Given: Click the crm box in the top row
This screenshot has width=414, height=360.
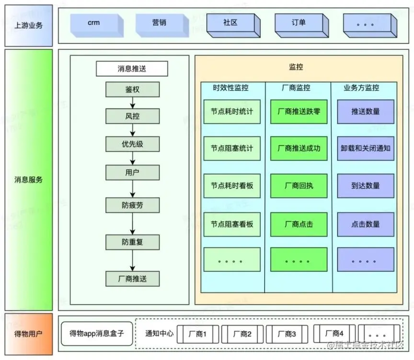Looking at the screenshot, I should [x=94, y=24].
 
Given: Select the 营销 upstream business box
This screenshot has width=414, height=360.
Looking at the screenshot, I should [x=159, y=24].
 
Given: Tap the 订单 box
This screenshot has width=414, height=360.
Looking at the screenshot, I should [x=299, y=24].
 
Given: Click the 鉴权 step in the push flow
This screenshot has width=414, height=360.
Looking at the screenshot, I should [x=132, y=90].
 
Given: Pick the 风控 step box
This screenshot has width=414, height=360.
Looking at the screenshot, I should [x=132, y=116].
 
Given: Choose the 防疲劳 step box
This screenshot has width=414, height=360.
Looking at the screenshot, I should [x=132, y=205].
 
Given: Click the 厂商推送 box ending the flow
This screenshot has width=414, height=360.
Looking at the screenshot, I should [x=132, y=278].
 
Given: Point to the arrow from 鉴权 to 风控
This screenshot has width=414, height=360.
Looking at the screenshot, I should [x=133, y=103].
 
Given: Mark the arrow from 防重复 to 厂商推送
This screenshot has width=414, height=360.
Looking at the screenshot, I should [x=133, y=260].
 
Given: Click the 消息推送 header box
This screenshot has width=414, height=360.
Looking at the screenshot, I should [x=132, y=69].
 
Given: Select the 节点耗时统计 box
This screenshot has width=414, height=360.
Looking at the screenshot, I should [x=232, y=112].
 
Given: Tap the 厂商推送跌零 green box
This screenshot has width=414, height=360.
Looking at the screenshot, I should [x=299, y=112].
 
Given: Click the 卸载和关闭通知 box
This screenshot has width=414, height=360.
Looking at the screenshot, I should [x=366, y=148].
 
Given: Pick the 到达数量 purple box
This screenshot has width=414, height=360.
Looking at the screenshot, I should [x=366, y=186].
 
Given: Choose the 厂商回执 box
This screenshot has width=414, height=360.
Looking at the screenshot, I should [x=299, y=186].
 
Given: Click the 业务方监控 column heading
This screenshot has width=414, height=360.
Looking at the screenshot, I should [x=361, y=88].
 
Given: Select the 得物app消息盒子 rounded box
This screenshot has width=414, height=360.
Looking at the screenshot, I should [x=97, y=333].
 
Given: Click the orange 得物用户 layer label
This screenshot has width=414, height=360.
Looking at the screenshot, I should [x=28, y=333].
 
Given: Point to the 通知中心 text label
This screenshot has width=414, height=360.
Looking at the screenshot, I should [x=159, y=334].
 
